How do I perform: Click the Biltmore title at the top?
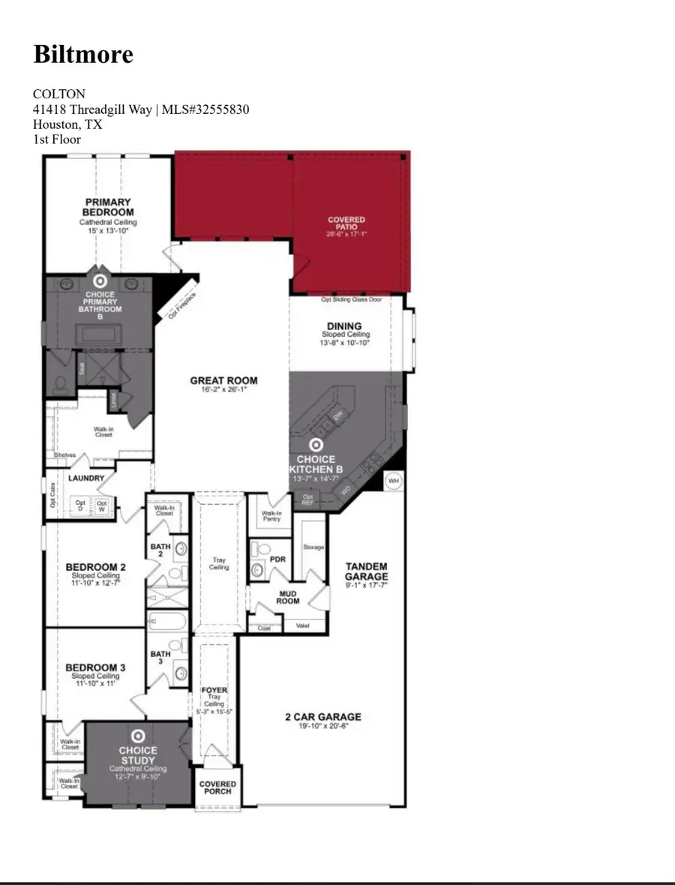[x=83, y=54]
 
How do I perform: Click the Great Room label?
[x=223, y=380]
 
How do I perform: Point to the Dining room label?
[x=344, y=326]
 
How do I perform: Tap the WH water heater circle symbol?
[x=393, y=480]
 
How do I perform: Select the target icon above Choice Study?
[x=138, y=736]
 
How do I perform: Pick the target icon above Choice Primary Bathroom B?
[x=100, y=280]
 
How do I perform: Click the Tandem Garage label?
[x=367, y=571]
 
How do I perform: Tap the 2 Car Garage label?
[x=322, y=717]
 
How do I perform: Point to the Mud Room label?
[x=288, y=597]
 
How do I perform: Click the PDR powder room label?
[x=277, y=559]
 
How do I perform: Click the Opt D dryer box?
[x=81, y=505]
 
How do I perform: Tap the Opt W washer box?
[x=102, y=505]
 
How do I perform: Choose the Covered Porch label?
[x=217, y=787]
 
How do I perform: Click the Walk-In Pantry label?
[x=270, y=516]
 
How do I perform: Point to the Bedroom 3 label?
[x=95, y=667]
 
